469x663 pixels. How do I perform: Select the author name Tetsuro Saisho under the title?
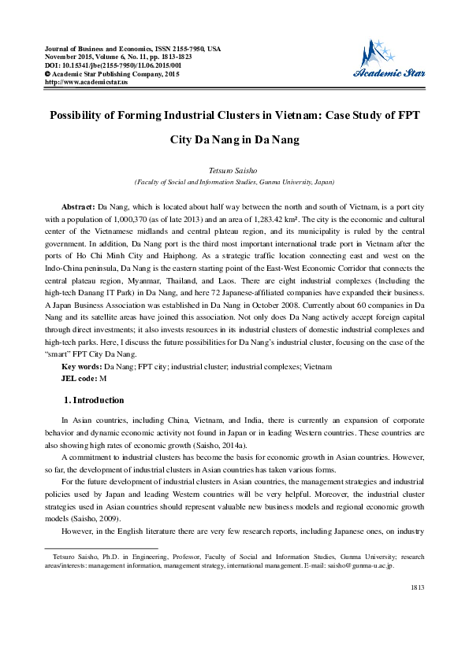tap(234, 169)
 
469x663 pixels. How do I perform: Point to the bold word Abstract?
tap(78, 204)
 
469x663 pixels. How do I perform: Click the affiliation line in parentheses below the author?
tap(234, 181)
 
